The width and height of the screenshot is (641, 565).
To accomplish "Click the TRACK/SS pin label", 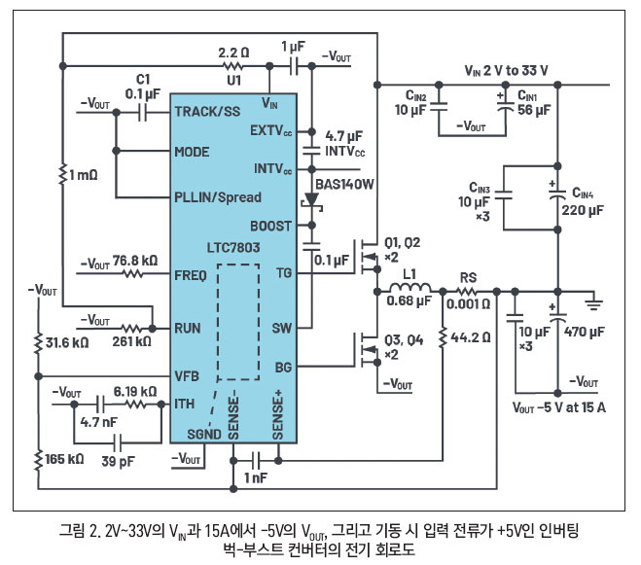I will pos(206,112).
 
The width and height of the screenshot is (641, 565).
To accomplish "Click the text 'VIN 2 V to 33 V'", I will pos(506,71).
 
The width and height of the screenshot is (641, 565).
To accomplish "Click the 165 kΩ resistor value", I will pos(65,455).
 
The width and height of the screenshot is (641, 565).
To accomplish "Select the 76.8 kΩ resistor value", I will pos(136,263).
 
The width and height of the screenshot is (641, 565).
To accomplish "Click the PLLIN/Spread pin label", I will pos(218,196).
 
